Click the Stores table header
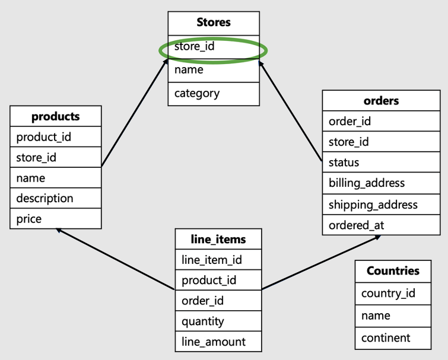[214, 23]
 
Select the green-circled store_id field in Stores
[214, 46]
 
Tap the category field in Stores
[214, 93]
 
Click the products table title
[56, 116]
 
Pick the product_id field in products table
[56, 137]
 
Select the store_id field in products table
[56, 158]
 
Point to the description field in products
[56, 198]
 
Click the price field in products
[56, 219]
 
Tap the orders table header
[381, 101]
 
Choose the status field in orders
[381, 163]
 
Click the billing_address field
[381, 183]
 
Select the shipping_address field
[381, 205]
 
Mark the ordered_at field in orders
[381, 225]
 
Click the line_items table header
[218, 239]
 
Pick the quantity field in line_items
[218, 321]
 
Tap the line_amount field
[218, 342]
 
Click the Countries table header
[393, 271]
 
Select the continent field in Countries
[393, 338]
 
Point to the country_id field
[393, 293]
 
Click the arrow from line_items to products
[116, 260]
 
